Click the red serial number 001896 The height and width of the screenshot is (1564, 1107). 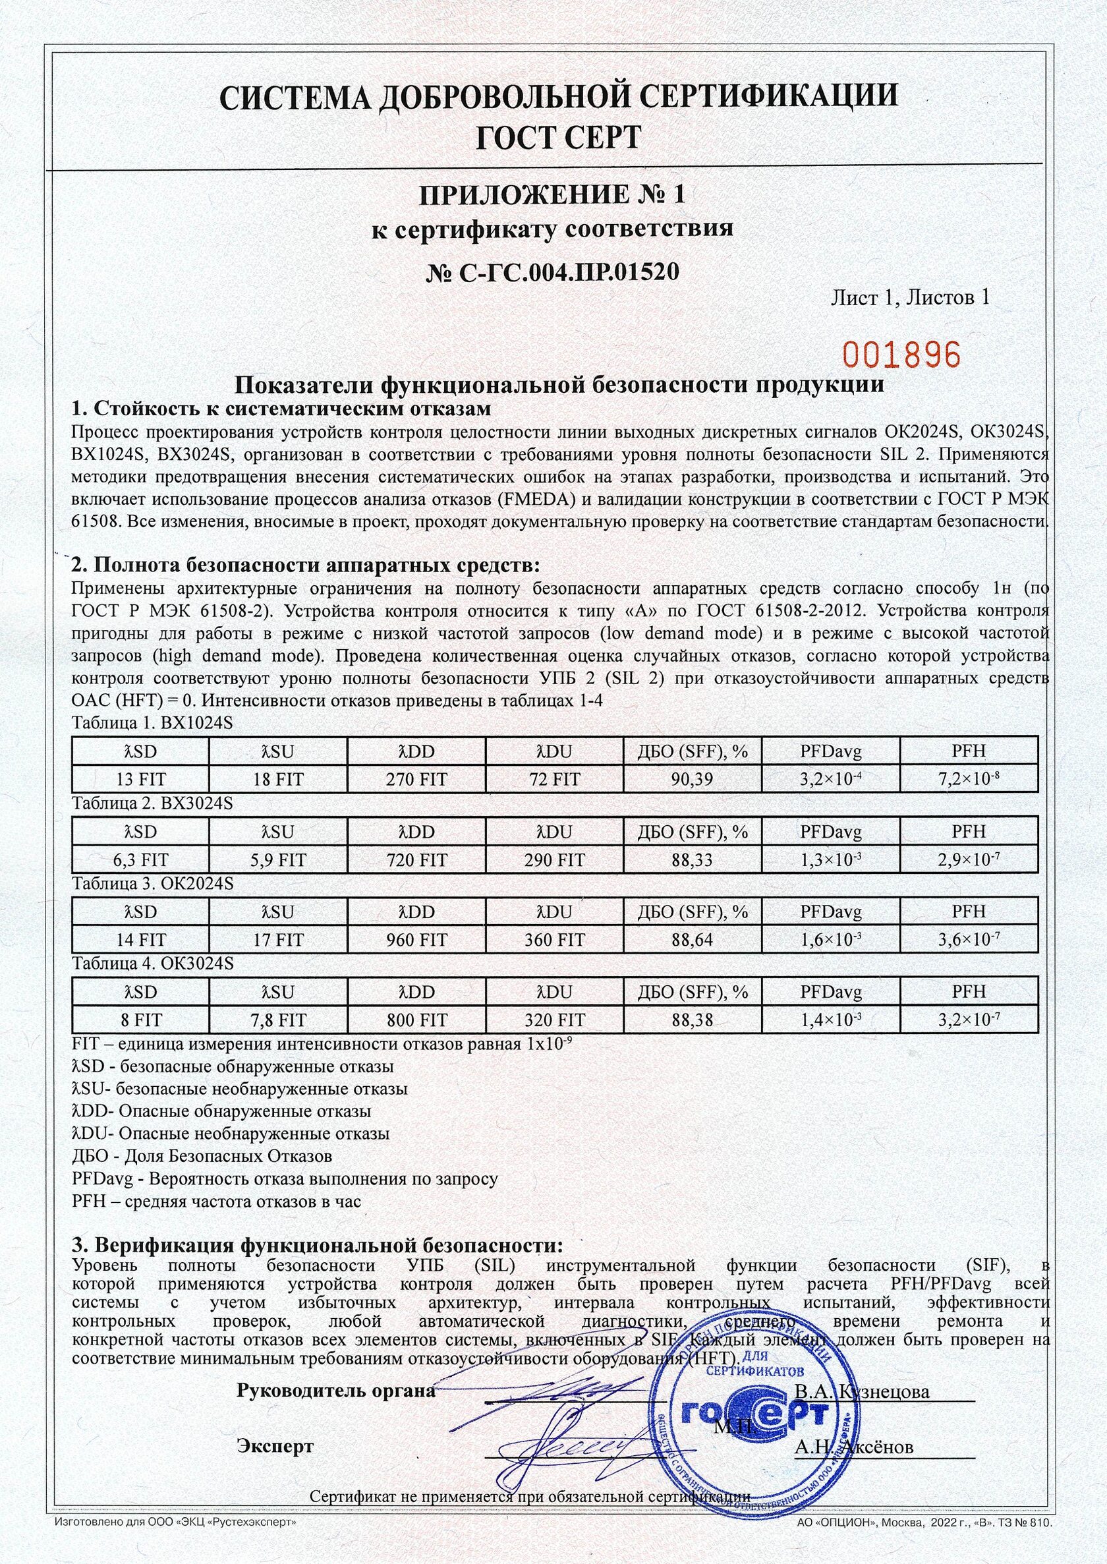902,355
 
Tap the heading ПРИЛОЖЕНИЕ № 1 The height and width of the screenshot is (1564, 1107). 552,196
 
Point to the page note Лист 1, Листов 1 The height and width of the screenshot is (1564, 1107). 910,297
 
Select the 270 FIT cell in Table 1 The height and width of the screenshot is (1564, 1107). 416,779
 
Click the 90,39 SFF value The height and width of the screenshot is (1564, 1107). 692,779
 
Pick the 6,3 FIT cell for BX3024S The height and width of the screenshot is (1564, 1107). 141,859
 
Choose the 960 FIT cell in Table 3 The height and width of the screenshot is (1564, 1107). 416,940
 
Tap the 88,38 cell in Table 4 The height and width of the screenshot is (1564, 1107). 692,1020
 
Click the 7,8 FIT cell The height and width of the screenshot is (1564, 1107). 279,1020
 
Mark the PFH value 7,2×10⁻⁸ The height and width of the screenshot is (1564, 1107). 969,778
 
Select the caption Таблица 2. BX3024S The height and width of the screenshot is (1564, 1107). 153,803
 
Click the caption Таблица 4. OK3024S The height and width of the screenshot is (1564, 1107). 153,964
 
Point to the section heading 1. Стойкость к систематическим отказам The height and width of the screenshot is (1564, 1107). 281,409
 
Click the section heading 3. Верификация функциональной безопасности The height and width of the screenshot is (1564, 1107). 318,1246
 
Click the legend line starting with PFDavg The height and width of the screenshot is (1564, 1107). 285,1178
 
